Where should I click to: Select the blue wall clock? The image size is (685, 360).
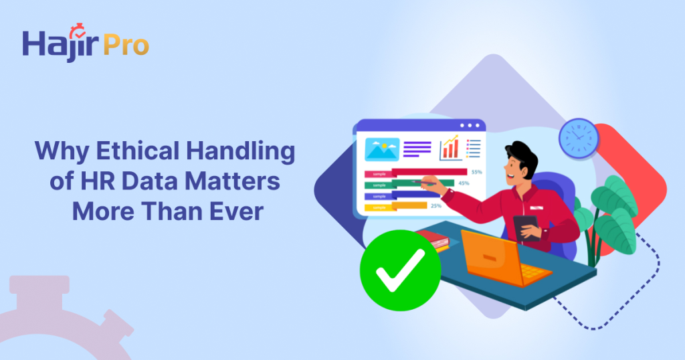[x=578, y=138]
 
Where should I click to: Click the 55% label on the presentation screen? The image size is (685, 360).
[x=476, y=172]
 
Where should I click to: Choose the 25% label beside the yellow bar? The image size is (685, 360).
[x=435, y=205]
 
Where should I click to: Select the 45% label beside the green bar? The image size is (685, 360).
[x=464, y=183]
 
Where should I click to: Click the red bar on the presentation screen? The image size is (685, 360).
[x=415, y=172]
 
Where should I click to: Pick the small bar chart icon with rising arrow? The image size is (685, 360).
[x=449, y=148]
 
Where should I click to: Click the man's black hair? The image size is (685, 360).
[x=521, y=157]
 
